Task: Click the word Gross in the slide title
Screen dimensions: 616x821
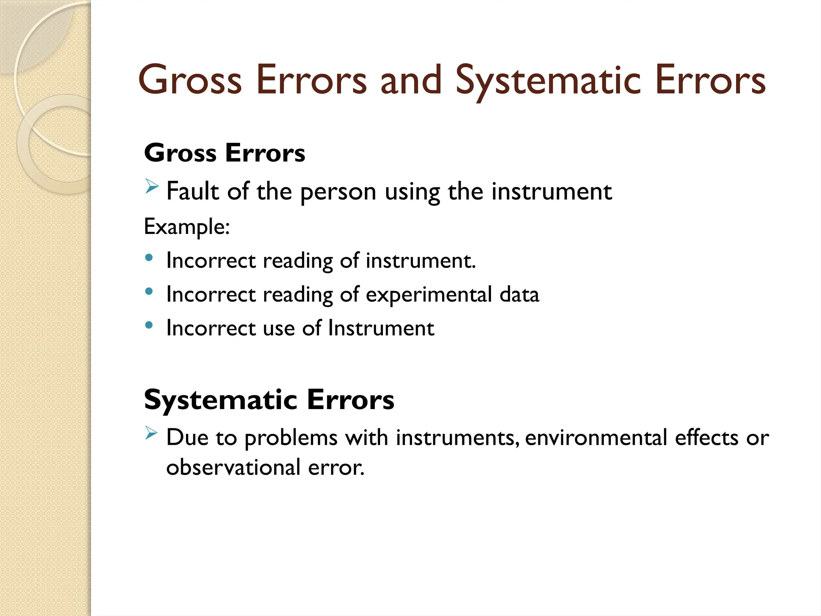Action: (x=190, y=80)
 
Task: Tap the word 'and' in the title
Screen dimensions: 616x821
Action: (x=411, y=80)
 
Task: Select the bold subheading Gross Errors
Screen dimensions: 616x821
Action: (x=224, y=153)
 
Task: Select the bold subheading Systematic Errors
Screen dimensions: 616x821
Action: (x=269, y=400)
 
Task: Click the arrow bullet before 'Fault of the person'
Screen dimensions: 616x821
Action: (x=152, y=186)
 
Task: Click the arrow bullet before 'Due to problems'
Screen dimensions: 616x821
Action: (x=152, y=433)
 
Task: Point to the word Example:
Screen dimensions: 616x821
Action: (x=187, y=227)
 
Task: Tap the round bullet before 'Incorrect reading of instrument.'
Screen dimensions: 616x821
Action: (x=149, y=258)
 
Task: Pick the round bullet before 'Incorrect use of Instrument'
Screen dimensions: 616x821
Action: (x=149, y=325)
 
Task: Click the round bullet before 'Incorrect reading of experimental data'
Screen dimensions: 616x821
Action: (x=149, y=292)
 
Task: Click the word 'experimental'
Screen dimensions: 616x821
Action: (x=429, y=295)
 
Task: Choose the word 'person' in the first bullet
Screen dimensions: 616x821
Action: (x=338, y=192)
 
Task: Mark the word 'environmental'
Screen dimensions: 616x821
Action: (x=596, y=438)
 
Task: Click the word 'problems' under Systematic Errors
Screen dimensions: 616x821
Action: (x=291, y=438)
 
